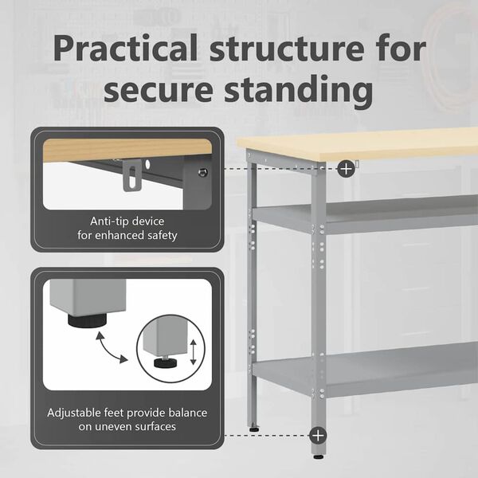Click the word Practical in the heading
pyautogui.click(x=125, y=48)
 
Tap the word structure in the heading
pyautogui.click(x=287, y=48)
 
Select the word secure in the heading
pyautogui.click(x=158, y=89)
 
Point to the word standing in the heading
pyautogui.click(x=299, y=91)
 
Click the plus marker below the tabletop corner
pyautogui.click(x=346, y=168)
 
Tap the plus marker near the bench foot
pyautogui.click(x=318, y=435)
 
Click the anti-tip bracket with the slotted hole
pyautogui.click(x=132, y=176)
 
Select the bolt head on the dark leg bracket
pyautogui.click(x=202, y=173)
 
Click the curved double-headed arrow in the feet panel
pyautogui.click(x=111, y=347)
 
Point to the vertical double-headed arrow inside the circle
pyautogui.click(x=193, y=352)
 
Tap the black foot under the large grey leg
pyautogui.click(x=87, y=321)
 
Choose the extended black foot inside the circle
pyautogui.click(x=166, y=362)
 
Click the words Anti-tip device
pyautogui.click(x=127, y=221)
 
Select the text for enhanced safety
pyautogui.click(x=127, y=235)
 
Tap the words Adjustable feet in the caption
pyautogui.click(x=86, y=413)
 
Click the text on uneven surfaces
pyautogui.click(x=127, y=426)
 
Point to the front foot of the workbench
pyautogui.click(x=318, y=456)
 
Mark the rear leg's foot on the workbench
pyautogui.click(x=253, y=429)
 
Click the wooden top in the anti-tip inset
pyautogui.click(x=127, y=150)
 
